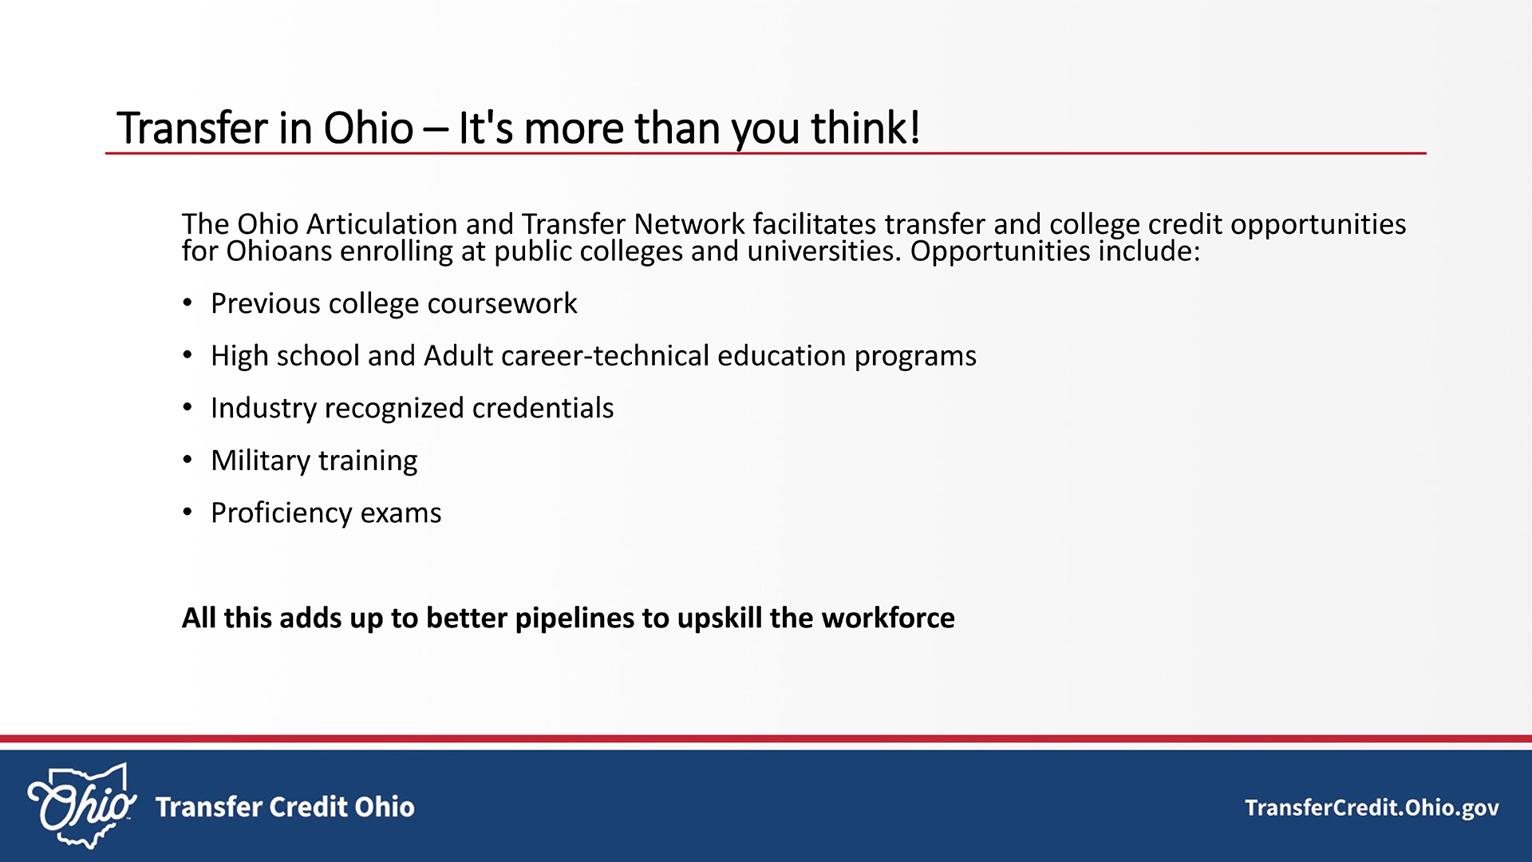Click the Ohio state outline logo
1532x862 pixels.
pyautogui.click(x=81, y=806)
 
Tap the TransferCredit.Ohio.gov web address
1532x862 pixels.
pyautogui.click(x=1372, y=809)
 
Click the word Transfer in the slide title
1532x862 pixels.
pyautogui.click(x=192, y=128)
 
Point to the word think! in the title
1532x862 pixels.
pyautogui.click(x=866, y=128)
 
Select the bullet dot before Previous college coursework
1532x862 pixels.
pyautogui.click(x=188, y=303)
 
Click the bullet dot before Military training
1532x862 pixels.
pyautogui.click(x=188, y=461)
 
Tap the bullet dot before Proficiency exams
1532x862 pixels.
pyautogui.click(x=188, y=512)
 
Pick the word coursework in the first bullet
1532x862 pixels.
pyautogui.click(x=503, y=304)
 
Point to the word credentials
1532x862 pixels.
pyautogui.click(x=543, y=408)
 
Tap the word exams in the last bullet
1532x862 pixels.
pyautogui.click(x=401, y=513)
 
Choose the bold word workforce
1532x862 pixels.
pyautogui.click(x=888, y=618)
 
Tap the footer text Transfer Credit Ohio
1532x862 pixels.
pyautogui.click(x=285, y=807)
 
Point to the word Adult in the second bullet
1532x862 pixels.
pyautogui.click(x=459, y=356)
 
